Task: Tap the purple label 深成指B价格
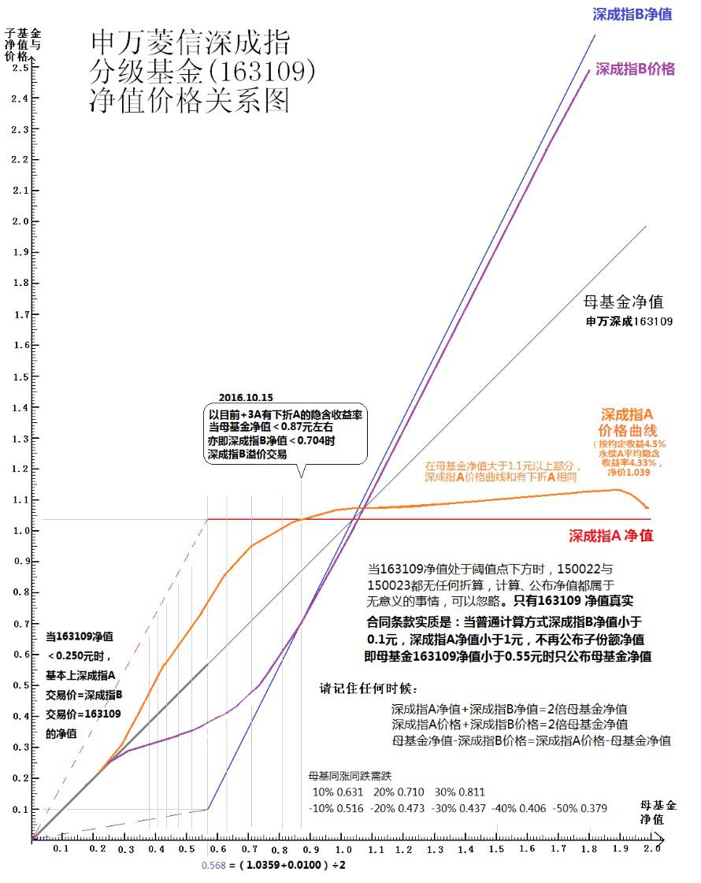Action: [635, 69]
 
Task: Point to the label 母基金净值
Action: [623, 302]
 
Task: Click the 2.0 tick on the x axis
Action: [651, 848]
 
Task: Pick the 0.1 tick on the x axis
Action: [61, 848]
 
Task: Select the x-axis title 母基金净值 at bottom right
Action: [658, 812]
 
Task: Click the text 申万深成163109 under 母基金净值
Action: [629, 321]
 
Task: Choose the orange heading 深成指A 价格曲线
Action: [628, 422]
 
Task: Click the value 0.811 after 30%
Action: [469, 792]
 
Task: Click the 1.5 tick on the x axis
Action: [496, 848]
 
